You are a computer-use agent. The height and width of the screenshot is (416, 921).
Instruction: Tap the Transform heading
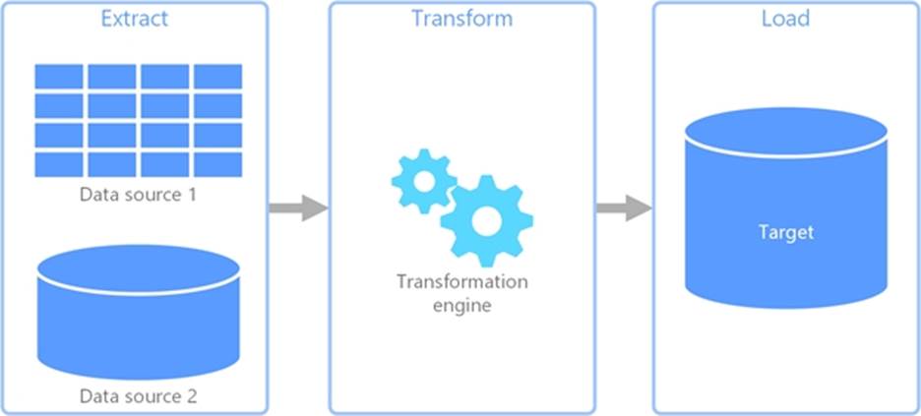tap(460, 20)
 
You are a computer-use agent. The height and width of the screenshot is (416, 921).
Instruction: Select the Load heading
tap(785, 20)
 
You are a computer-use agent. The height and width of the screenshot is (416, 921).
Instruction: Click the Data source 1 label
tap(138, 194)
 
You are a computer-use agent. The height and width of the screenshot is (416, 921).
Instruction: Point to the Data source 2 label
tap(138, 397)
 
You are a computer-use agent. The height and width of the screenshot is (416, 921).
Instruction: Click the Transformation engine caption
tap(461, 293)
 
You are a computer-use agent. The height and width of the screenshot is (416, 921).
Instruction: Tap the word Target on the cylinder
tap(785, 233)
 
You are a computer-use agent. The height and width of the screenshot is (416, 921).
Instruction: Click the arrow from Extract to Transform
tap(297, 208)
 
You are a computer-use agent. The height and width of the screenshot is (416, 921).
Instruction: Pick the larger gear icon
tap(486, 221)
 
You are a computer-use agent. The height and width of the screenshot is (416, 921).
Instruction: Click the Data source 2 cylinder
tap(138, 315)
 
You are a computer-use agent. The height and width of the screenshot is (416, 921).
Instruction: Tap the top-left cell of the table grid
tap(59, 77)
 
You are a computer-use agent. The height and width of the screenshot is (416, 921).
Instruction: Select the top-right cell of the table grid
tap(217, 77)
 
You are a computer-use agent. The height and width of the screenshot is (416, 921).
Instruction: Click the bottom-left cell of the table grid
tap(59, 163)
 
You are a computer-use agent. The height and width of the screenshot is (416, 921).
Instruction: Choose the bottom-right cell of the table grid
tap(217, 163)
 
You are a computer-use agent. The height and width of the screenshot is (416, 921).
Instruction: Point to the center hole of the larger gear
tap(486, 221)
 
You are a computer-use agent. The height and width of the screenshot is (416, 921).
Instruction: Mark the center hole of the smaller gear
tap(423, 182)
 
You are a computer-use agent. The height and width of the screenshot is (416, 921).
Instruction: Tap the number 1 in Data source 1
tap(191, 194)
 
